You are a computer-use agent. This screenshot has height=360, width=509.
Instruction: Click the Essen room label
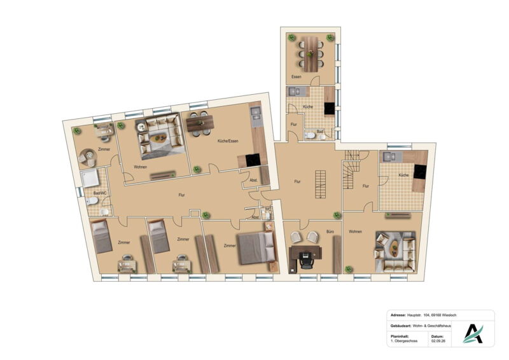(296, 77)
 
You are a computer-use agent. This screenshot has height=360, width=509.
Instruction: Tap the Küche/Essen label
(228, 141)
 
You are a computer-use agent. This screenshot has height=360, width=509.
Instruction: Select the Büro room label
(330, 232)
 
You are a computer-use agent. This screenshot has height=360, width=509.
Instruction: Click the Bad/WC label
(100, 193)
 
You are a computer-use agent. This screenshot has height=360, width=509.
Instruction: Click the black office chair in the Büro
(306, 260)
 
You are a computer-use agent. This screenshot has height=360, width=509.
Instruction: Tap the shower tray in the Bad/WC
(90, 178)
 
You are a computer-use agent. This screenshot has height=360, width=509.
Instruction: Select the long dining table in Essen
(311, 54)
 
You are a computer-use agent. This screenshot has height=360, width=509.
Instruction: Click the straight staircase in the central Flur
(320, 184)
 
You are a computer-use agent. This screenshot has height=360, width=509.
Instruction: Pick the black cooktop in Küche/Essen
(253, 160)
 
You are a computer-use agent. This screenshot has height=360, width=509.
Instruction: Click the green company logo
(473, 334)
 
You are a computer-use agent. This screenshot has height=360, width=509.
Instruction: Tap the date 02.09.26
(438, 341)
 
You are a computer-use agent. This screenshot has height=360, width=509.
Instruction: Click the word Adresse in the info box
(398, 315)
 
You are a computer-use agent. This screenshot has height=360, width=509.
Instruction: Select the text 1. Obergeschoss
(404, 341)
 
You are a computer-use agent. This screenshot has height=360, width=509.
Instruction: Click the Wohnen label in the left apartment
(140, 167)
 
